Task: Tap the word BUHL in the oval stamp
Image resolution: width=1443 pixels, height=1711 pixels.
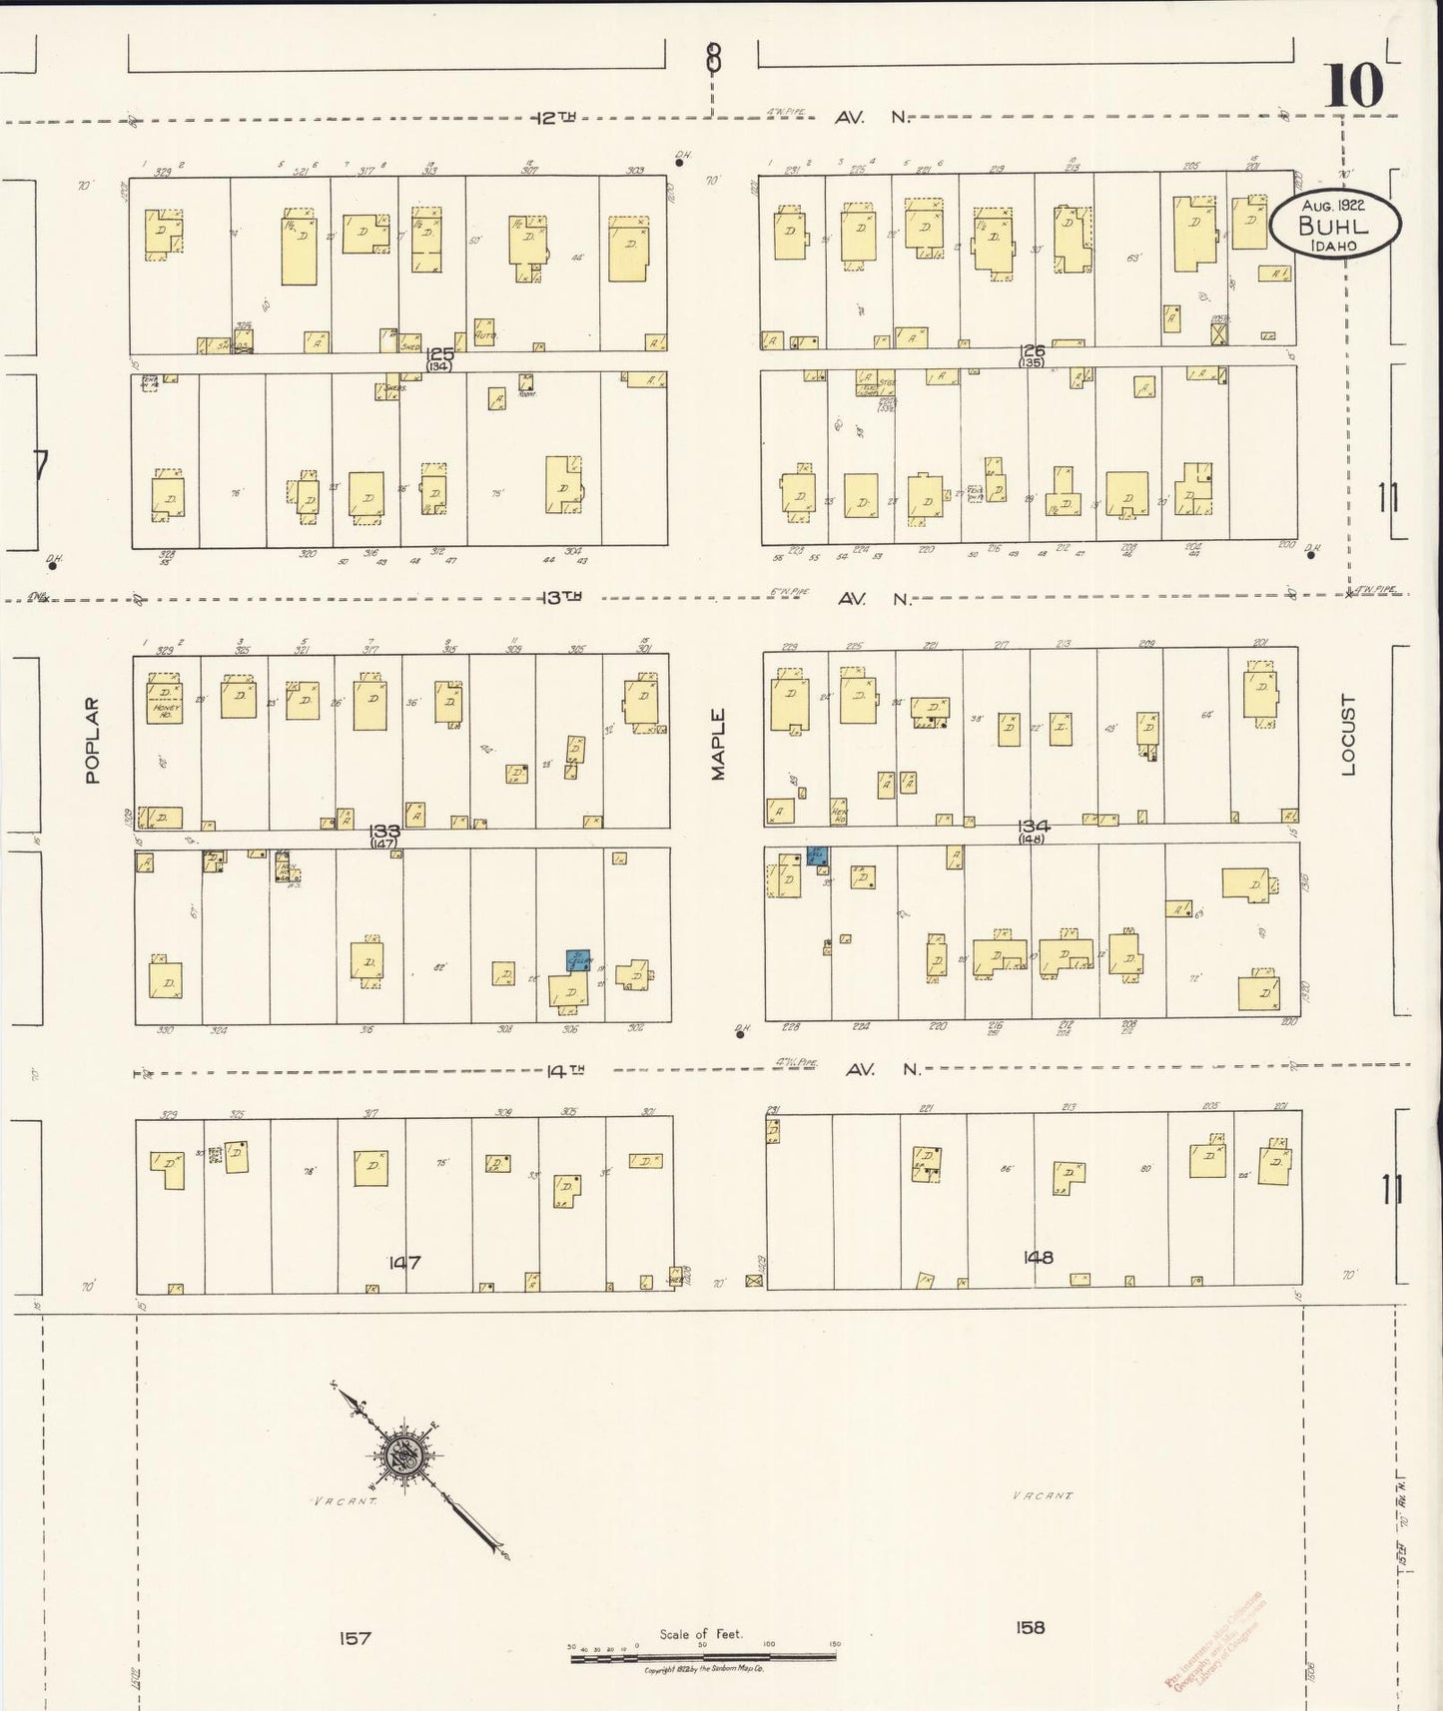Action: coord(1333,226)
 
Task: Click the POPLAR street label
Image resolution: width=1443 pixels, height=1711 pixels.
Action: coord(93,740)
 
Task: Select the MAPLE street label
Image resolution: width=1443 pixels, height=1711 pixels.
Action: coord(718,744)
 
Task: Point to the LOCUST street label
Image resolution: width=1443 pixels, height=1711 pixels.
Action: coord(1348,735)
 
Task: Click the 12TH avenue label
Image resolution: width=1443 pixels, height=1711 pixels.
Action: coord(555,118)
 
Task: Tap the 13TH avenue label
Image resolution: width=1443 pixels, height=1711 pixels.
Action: coord(559,597)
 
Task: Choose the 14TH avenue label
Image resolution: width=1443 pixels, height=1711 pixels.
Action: coord(564,1070)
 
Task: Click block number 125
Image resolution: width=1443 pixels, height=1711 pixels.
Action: coord(439,354)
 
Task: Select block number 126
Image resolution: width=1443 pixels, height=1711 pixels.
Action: coord(1033,350)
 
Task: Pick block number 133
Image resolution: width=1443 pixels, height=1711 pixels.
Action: coord(384,831)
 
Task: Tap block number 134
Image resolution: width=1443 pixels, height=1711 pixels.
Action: coord(1033,826)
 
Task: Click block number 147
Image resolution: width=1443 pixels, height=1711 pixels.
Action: coord(404,1262)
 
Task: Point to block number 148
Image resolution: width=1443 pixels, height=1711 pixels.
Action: coord(1038,1257)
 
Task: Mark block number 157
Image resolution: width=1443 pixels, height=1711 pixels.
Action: coord(355,1637)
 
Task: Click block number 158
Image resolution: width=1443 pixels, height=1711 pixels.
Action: coord(1030,1627)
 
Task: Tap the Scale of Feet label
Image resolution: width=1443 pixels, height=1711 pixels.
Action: coord(701,1634)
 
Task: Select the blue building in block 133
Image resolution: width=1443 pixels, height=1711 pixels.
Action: coord(577,960)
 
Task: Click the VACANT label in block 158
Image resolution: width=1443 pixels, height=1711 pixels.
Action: coord(1043,1495)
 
